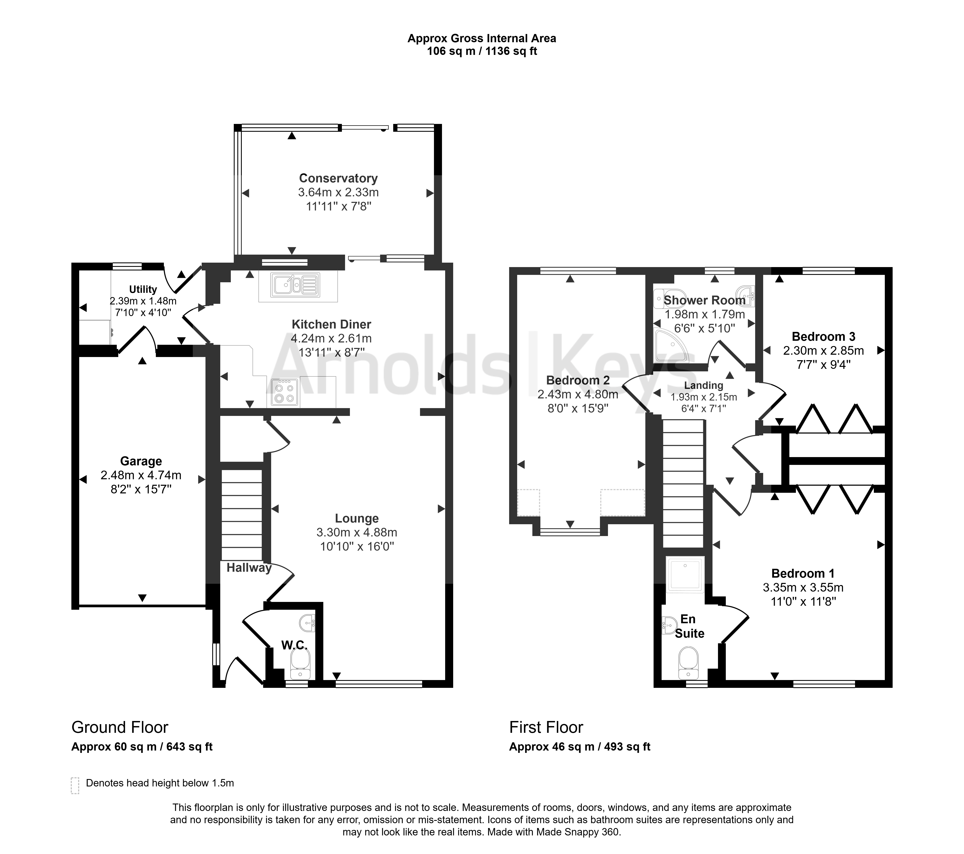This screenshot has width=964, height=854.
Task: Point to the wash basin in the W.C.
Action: pos(307,623)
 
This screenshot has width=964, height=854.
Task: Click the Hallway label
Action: pos(249,568)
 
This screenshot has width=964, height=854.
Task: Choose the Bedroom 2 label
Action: pos(578,380)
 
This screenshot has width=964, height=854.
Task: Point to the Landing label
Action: pos(704,386)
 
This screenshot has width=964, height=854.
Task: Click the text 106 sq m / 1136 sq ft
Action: pos(482,51)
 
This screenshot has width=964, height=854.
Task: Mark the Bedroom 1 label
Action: pos(803,573)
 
